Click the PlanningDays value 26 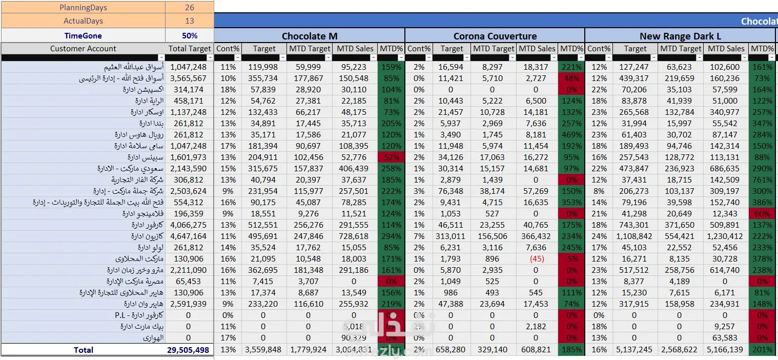(190, 8)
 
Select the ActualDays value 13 (190, 21)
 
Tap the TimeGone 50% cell (190, 36)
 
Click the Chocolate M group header (310, 36)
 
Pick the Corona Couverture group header (495, 36)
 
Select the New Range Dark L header (680, 36)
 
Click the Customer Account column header (83, 49)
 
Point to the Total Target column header (190, 49)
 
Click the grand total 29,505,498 (188, 350)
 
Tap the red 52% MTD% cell (391, 157)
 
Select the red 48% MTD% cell (571, 78)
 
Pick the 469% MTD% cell (571, 134)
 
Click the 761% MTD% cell (762, 179)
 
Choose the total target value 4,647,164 (188, 236)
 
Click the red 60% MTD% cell (762, 213)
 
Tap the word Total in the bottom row (83, 350)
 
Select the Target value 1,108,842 (635, 236)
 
